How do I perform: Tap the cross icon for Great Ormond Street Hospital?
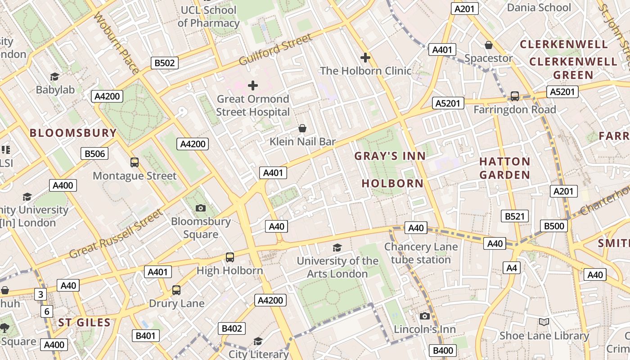(x=253, y=85)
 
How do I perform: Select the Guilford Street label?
(x=275, y=49)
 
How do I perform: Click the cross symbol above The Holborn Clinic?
(x=365, y=57)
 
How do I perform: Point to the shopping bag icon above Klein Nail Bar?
(x=303, y=128)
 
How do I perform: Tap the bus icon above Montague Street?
(x=134, y=162)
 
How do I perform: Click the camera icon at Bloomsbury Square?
(x=201, y=207)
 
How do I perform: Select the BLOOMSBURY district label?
(x=73, y=133)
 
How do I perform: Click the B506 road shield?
(x=94, y=154)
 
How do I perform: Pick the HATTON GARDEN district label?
(x=504, y=168)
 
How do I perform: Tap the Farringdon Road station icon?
(x=514, y=96)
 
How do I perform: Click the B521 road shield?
(x=514, y=216)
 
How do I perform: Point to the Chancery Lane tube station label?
(x=420, y=253)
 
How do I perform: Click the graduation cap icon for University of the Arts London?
(x=337, y=247)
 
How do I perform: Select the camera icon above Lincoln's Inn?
(x=424, y=316)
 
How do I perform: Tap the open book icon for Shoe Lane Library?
(x=544, y=322)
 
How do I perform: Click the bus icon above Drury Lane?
(x=176, y=290)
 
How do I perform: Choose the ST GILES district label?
(x=84, y=322)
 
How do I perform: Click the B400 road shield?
(x=443, y=351)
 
